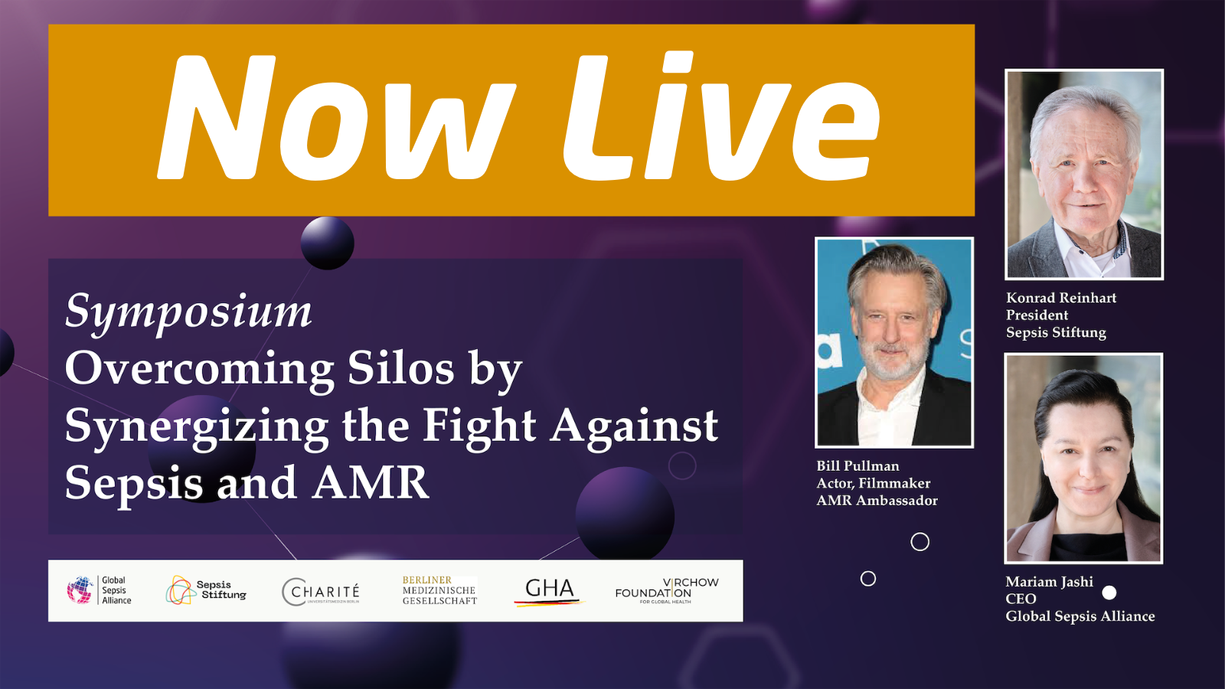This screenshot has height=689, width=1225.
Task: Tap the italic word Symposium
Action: (188, 311)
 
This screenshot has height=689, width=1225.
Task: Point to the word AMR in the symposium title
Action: (371, 482)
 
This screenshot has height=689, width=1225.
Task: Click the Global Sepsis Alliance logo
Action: (100, 590)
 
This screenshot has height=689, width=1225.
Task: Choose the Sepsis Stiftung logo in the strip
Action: (206, 590)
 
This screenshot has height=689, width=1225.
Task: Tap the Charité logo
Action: (321, 591)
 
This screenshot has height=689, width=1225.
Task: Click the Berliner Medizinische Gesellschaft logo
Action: (439, 590)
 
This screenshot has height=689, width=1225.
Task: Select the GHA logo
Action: (549, 590)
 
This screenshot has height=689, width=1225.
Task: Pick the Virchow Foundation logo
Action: (666, 590)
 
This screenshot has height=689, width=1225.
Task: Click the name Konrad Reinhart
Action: (1060, 298)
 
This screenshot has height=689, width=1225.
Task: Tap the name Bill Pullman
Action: (857, 465)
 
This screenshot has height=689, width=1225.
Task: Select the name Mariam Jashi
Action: (1049, 582)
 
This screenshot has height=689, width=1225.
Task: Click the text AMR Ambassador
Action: (877, 501)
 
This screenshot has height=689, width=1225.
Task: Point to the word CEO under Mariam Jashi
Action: (1021, 599)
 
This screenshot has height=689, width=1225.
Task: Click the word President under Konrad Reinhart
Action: (1037, 315)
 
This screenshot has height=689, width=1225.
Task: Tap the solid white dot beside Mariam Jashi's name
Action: (1109, 593)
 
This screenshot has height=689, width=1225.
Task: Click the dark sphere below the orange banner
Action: (328, 243)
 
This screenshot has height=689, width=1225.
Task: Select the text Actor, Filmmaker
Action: (873, 483)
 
